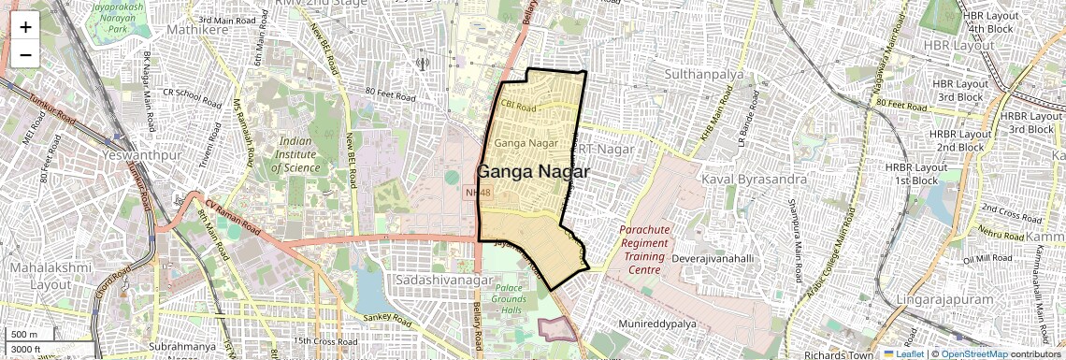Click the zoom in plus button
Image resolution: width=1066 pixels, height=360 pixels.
[25, 26]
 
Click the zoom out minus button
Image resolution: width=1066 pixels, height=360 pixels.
[25, 54]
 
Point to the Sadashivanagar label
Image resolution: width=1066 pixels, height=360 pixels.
[436, 281]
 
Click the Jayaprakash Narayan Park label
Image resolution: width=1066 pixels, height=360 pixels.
[115, 17]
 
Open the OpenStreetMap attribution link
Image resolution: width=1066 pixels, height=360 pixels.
[973, 353]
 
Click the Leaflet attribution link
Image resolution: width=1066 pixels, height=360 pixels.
[904, 353]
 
